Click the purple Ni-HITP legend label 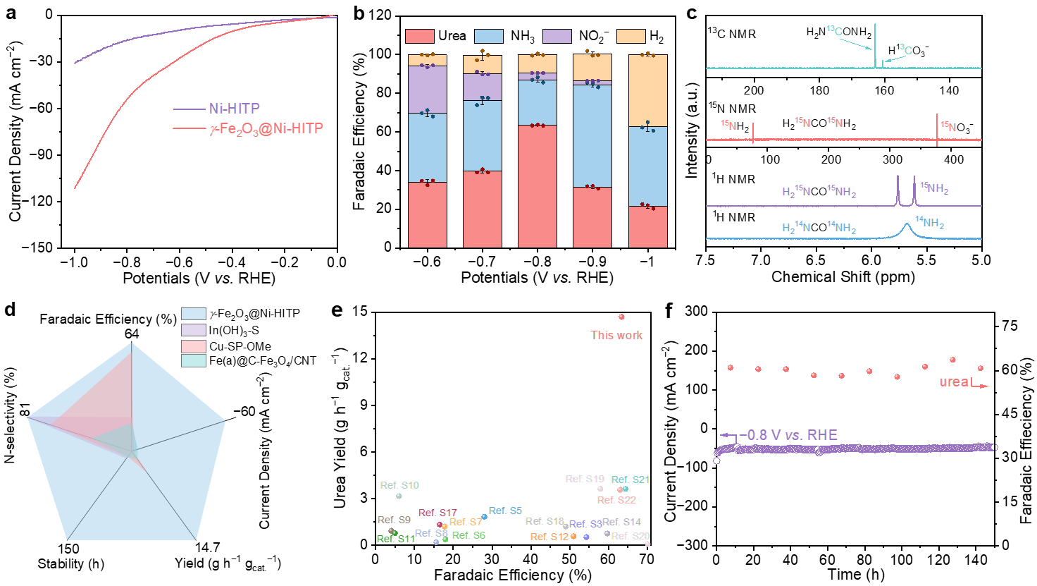click(x=235, y=109)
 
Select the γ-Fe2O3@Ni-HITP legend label click(x=267, y=129)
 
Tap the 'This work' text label click(x=616, y=336)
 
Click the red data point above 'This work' click(x=621, y=317)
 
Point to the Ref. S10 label click(x=399, y=486)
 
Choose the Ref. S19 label click(x=585, y=480)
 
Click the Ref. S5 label click(x=505, y=511)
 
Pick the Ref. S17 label click(x=437, y=513)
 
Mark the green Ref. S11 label click(x=396, y=539)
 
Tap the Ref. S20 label click(x=631, y=537)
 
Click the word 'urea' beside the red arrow click(x=954, y=382)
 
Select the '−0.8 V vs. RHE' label click(x=788, y=435)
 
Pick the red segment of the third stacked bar click(x=538, y=186)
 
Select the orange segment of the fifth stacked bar click(x=648, y=90)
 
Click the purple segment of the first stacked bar click(x=428, y=90)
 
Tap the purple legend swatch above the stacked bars click(x=557, y=37)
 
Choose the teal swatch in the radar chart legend click(x=194, y=361)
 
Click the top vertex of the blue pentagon click(x=132, y=343)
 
